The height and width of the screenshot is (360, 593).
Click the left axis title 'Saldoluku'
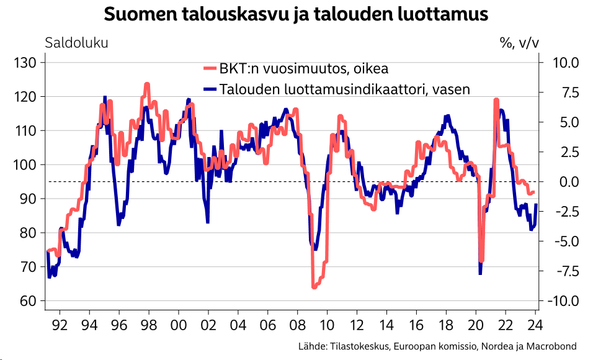pos(76,43)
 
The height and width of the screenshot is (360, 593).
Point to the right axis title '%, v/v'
pos(519,43)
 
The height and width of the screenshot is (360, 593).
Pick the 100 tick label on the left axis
pos(27,164)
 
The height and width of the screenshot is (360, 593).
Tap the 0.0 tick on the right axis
pos(569,182)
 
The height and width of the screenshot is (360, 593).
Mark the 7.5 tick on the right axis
pos(569,92)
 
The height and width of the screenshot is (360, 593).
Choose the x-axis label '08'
pos(297,325)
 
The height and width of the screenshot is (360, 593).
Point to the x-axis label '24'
pos(535,325)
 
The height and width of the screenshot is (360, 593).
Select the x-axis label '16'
pos(416,325)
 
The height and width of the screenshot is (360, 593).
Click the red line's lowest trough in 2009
pos(314,287)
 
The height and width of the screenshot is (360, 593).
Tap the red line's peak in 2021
pos(496,99)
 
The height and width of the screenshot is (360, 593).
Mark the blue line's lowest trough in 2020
pos(480,273)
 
